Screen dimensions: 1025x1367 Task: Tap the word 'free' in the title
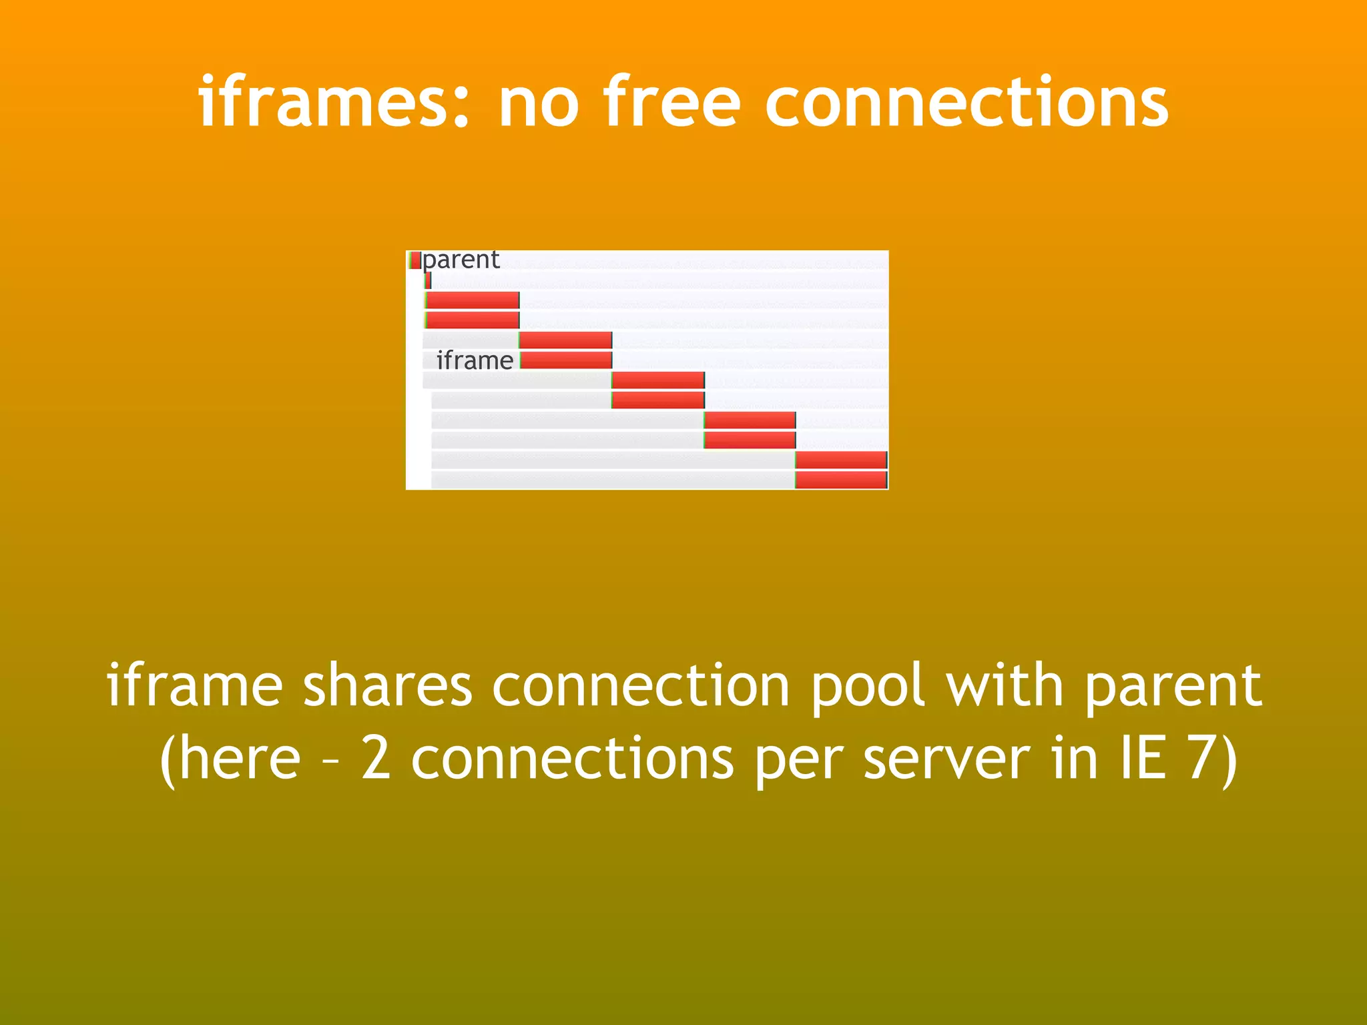click(672, 101)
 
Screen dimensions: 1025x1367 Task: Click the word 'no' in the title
click(539, 101)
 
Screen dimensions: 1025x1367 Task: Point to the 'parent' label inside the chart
click(461, 260)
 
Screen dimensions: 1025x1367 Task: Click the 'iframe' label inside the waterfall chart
click(475, 360)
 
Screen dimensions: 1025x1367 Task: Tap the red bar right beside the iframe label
click(566, 360)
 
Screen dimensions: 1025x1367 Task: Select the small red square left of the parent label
click(415, 260)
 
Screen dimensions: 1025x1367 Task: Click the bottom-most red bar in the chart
click(841, 480)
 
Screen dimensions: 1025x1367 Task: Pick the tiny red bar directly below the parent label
click(428, 280)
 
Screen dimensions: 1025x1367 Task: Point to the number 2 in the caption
click(376, 759)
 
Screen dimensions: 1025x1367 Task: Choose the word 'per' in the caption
click(800, 759)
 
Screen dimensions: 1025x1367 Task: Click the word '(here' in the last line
click(231, 759)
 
